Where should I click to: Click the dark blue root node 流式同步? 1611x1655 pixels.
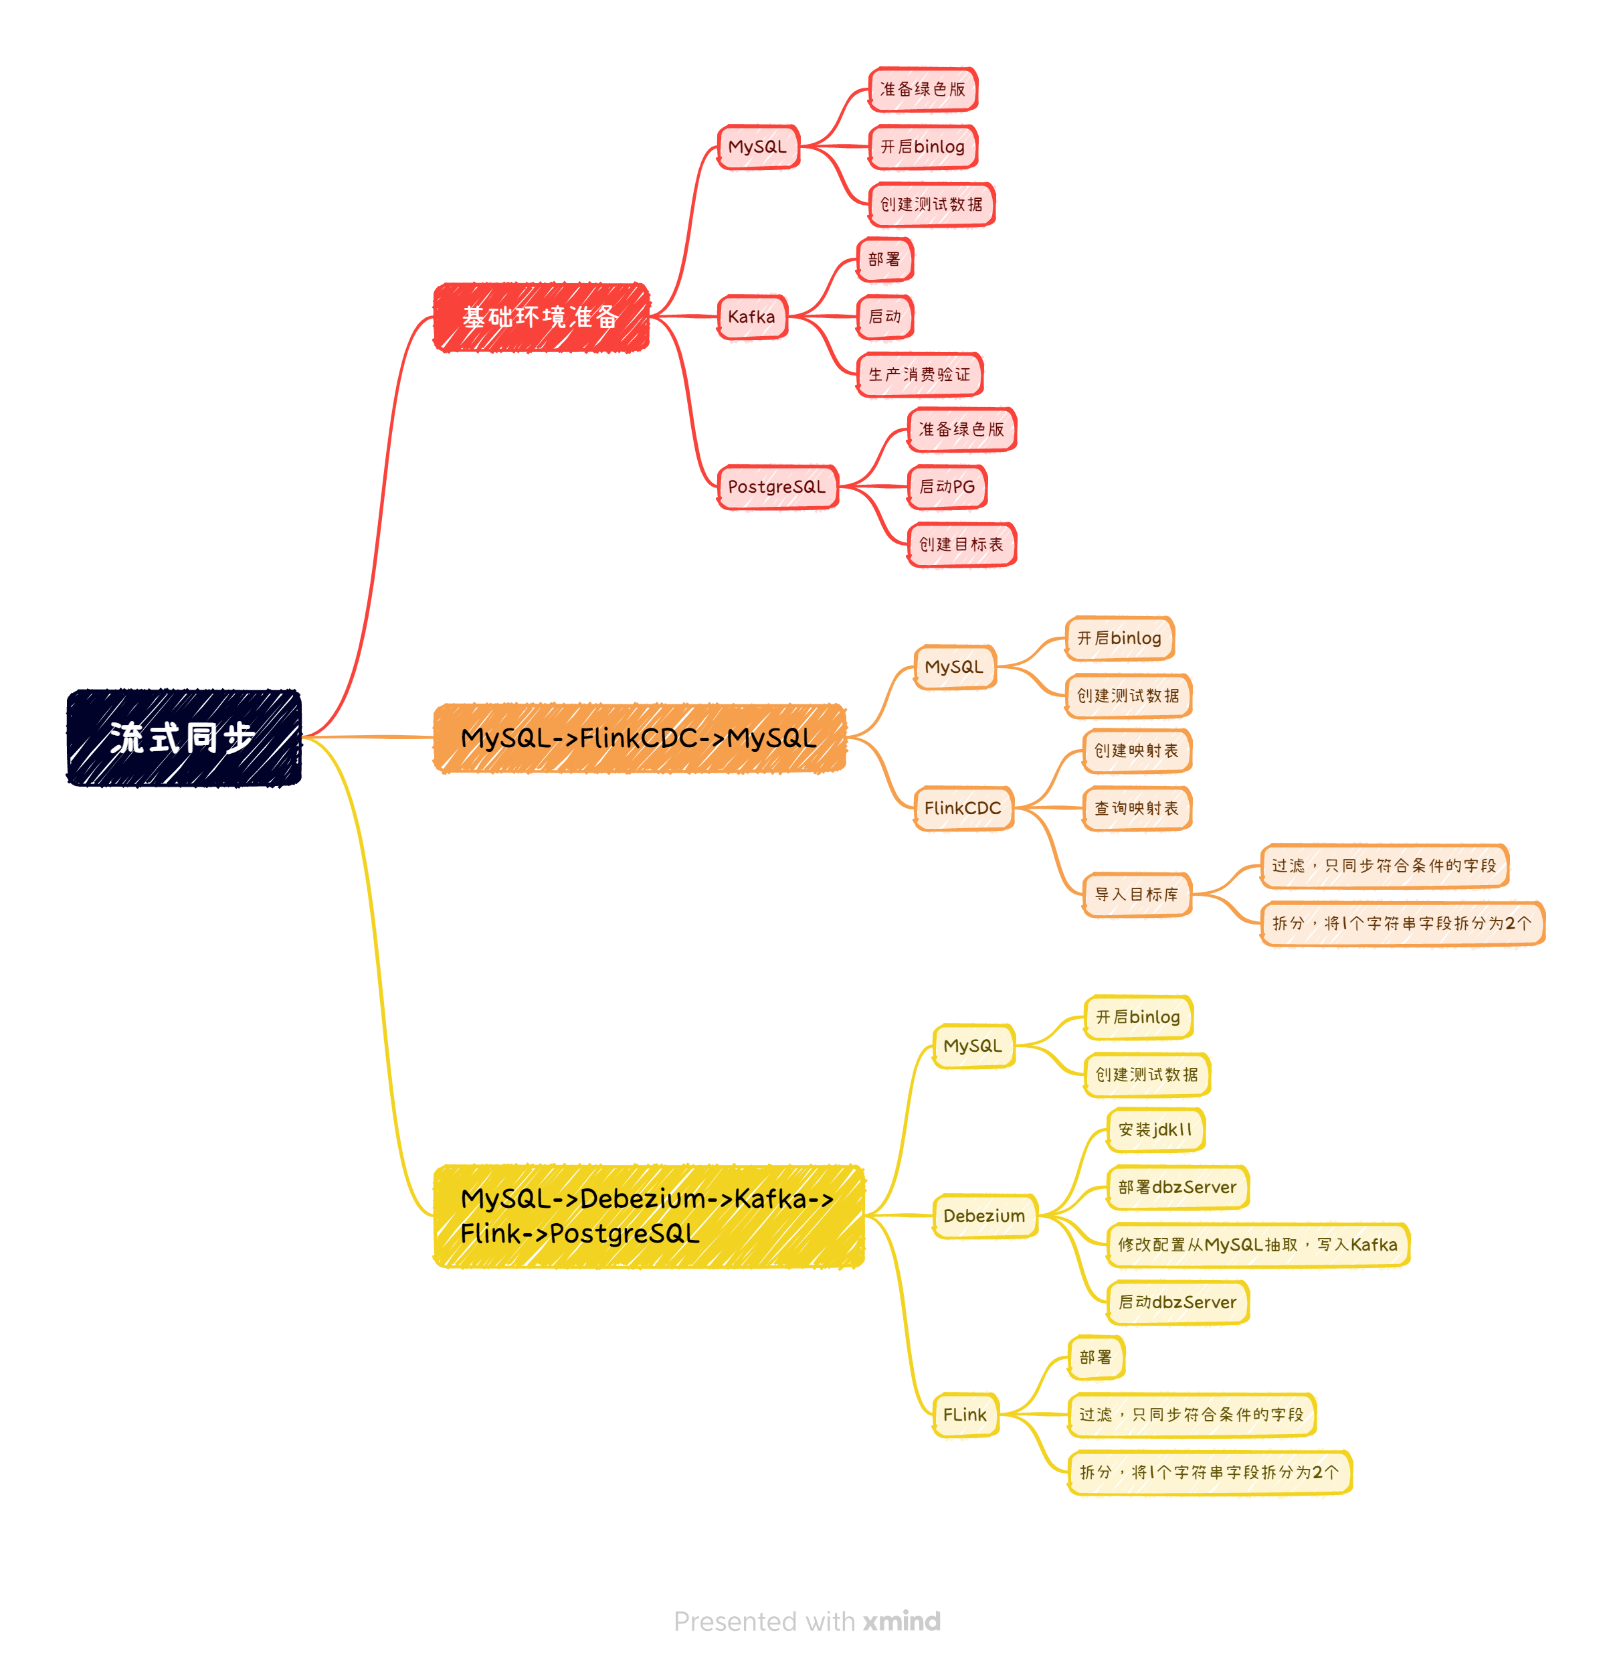point(183,737)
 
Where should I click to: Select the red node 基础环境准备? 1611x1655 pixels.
point(541,317)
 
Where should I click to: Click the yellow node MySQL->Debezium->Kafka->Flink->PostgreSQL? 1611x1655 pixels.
point(648,1216)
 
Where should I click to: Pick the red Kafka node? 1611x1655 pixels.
point(751,317)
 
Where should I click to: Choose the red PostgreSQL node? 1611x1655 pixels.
point(777,487)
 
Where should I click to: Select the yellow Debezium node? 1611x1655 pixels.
point(984,1216)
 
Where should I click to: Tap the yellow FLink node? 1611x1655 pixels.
point(965,1415)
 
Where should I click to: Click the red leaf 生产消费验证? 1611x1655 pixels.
point(920,375)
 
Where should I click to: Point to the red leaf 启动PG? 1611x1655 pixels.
point(947,487)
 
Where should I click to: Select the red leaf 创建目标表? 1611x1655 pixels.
point(961,545)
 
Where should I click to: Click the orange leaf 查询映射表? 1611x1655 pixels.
point(1136,809)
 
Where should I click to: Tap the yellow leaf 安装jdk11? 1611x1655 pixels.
point(1155,1130)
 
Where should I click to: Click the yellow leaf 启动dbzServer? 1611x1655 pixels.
point(1177,1303)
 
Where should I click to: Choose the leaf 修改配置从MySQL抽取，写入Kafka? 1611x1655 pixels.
point(1257,1245)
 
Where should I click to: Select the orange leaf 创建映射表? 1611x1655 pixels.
point(1136,751)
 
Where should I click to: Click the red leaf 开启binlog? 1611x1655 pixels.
point(923,147)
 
